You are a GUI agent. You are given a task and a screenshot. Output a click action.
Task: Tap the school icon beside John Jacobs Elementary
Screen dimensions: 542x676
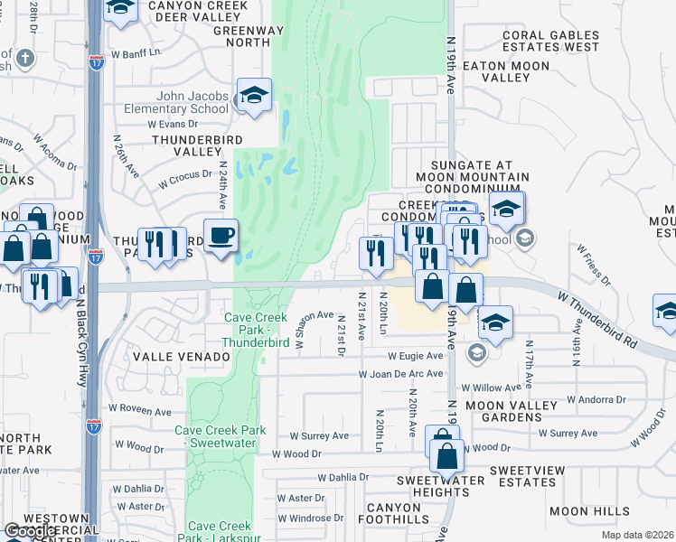255,97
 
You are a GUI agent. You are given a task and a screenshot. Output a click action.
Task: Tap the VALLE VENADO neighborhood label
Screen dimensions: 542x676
182,357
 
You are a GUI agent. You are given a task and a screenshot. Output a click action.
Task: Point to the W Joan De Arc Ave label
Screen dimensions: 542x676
401,373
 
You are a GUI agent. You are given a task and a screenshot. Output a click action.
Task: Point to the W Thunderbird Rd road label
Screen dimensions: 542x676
597,320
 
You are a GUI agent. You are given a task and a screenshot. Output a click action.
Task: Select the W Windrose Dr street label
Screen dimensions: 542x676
312,519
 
